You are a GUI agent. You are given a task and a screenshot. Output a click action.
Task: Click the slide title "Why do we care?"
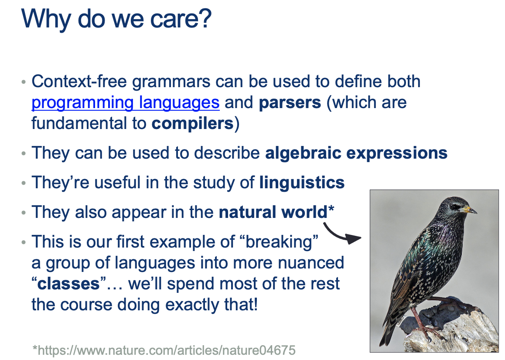pyautogui.click(x=116, y=19)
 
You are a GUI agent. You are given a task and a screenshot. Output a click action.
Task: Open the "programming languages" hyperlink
pyautogui.click(x=126, y=103)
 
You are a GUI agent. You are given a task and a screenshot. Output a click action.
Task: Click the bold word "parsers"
pyautogui.click(x=290, y=103)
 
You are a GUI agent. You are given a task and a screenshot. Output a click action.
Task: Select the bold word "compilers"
pyautogui.click(x=192, y=124)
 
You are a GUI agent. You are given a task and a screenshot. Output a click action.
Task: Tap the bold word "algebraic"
pyautogui.click(x=303, y=153)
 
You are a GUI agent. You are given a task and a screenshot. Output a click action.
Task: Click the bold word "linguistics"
pyautogui.click(x=302, y=183)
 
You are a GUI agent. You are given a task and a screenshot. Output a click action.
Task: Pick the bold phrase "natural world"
pyautogui.click(x=273, y=212)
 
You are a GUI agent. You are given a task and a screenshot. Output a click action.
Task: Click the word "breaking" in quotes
pyautogui.click(x=279, y=242)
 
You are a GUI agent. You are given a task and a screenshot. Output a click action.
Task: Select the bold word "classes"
pyautogui.click(x=68, y=284)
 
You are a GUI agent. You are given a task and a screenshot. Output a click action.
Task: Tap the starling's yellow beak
pyautogui.click(x=469, y=210)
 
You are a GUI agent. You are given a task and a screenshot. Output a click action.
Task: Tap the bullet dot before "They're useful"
pyautogui.click(x=23, y=183)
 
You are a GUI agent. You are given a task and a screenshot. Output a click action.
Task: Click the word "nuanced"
pyautogui.click(x=311, y=263)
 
